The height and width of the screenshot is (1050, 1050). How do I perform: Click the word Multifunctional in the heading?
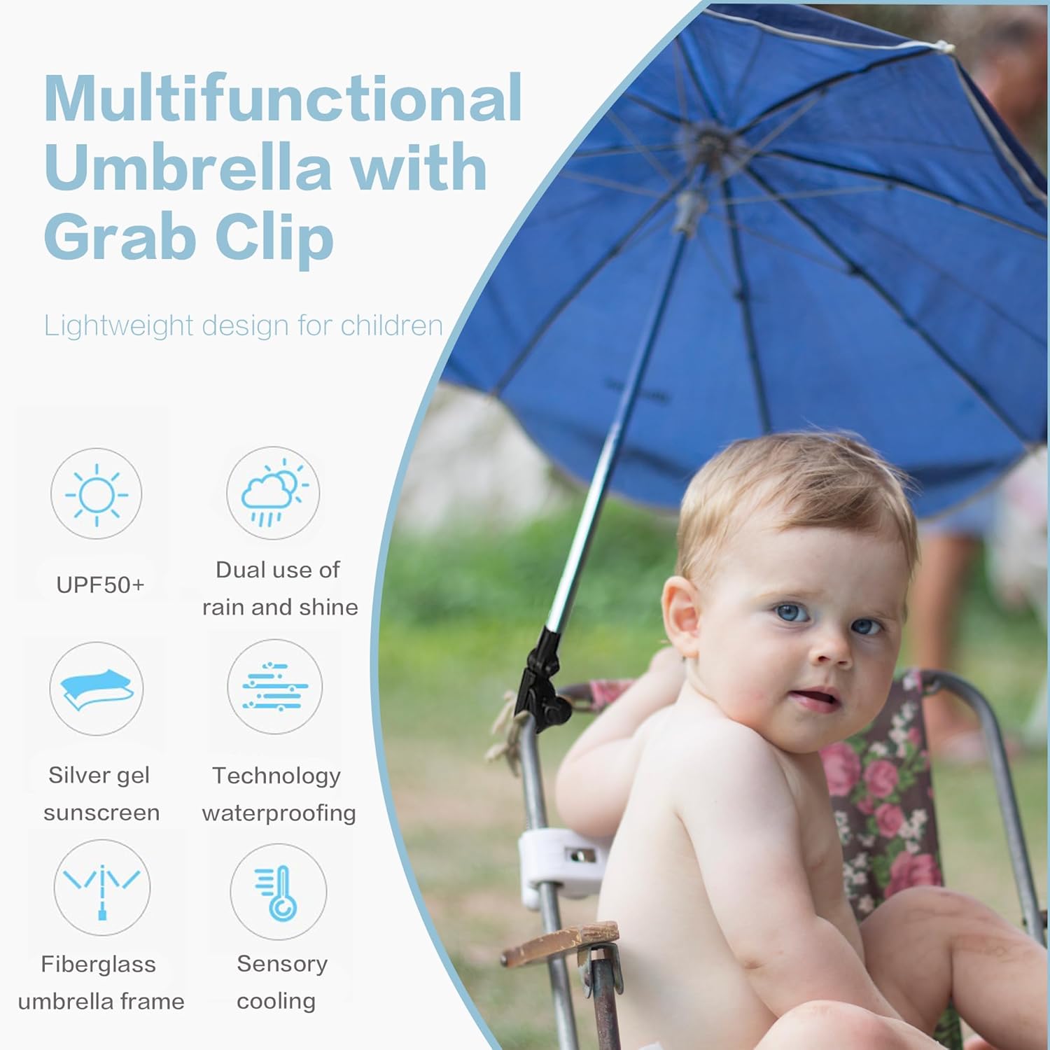click(283, 99)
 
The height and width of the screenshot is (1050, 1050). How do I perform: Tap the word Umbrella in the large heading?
click(187, 168)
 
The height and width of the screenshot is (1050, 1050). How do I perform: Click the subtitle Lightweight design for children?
click(243, 325)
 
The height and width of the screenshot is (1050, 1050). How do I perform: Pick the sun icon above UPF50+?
click(97, 494)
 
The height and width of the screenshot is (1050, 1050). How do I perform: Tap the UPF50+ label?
click(100, 584)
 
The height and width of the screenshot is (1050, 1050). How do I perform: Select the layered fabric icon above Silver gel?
click(97, 689)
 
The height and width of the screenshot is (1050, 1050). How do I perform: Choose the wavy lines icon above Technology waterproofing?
click(274, 687)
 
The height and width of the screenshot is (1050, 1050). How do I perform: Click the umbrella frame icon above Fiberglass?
click(102, 888)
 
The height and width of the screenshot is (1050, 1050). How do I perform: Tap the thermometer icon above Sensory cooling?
click(279, 892)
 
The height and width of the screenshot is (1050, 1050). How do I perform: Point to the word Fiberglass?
click(98, 964)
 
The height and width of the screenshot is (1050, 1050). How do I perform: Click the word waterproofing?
click(279, 813)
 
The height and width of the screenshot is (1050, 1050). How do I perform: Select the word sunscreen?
click(101, 813)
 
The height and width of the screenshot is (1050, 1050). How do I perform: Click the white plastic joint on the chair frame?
click(560, 861)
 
